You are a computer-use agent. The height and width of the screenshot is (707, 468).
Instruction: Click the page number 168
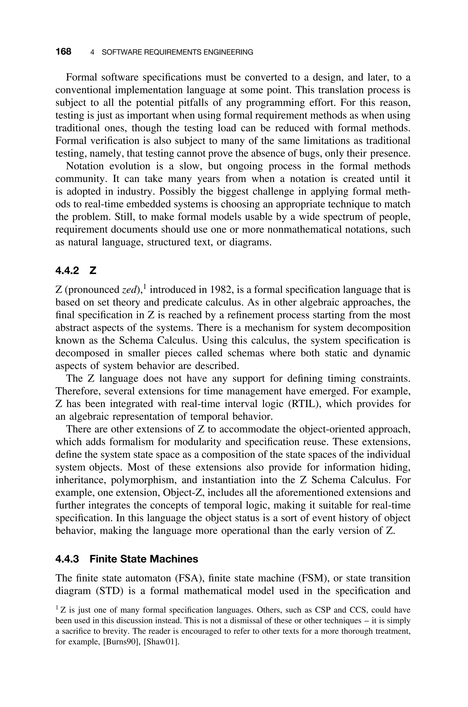pyautogui.click(x=63, y=52)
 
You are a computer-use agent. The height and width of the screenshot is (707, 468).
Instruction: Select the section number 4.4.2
pyautogui.click(x=67, y=271)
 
